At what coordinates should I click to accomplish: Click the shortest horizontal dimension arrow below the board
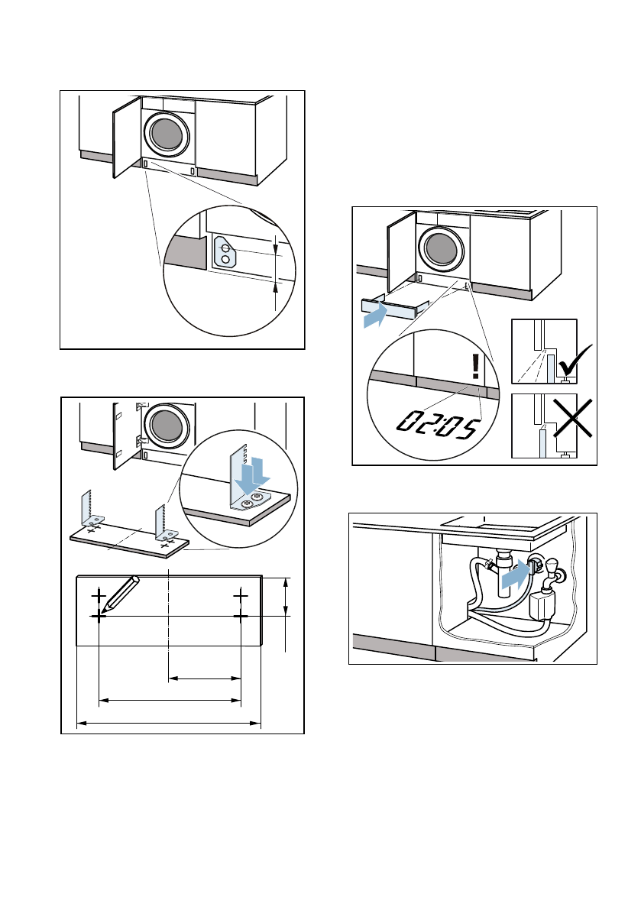coord(204,677)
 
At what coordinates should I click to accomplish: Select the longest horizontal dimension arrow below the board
coord(169,722)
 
